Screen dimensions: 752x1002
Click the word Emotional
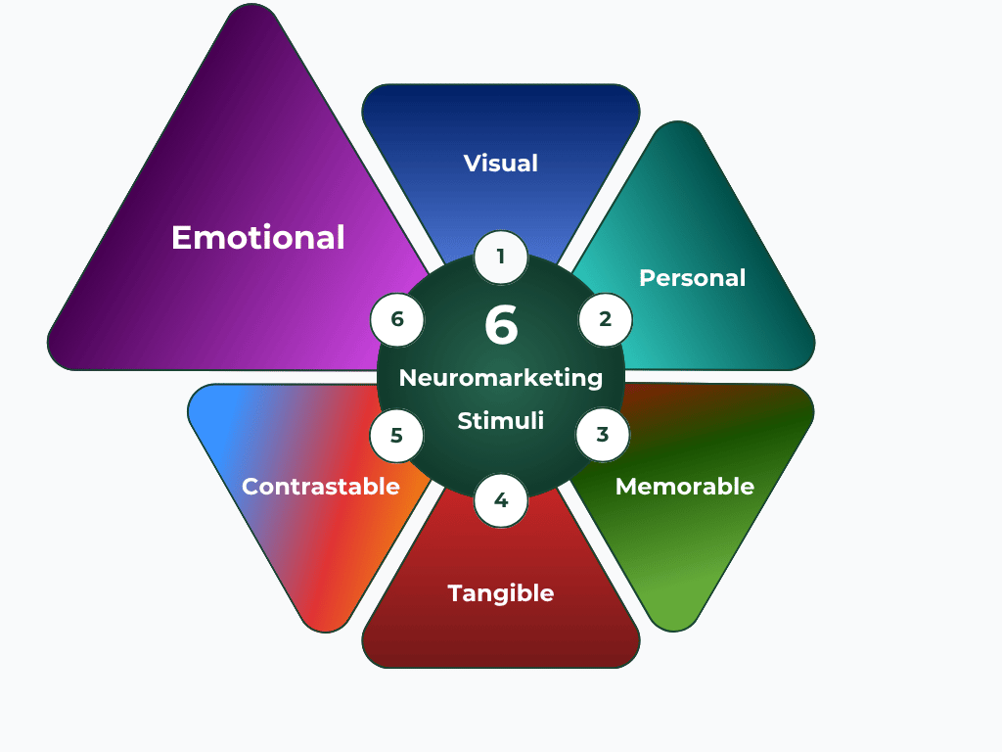(x=258, y=238)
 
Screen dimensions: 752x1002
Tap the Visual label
(x=501, y=163)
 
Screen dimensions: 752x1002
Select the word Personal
(x=692, y=278)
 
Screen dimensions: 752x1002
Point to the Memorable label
(x=684, y=487)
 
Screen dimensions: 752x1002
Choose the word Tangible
(x=501, y=593)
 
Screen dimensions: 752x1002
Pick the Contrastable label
(x=320, y=487)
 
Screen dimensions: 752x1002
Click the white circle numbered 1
(x=501, y=258)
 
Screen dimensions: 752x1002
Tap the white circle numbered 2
(x=605, y=319)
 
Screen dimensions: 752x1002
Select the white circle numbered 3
(x=603, y=435)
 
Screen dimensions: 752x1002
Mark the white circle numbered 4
(x=501, y=500)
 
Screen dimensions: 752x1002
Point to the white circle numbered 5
(x=396, y=435)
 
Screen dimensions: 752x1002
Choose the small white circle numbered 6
(x=397, y=319)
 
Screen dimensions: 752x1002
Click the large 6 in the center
(x=501, y=326)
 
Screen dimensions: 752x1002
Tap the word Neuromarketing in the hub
(x=501, y=378)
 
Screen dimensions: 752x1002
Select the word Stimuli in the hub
(x=501, y=422)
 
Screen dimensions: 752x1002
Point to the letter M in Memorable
(x=625, y=487)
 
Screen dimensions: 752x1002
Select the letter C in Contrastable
(x=250, y=487)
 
